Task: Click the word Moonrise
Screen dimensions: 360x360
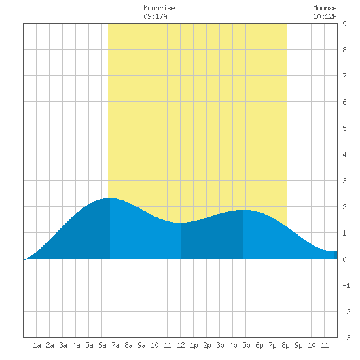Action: coord(159,8)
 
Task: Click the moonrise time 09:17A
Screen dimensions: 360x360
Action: coord(155,16)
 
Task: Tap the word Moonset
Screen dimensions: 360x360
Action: coord(327,8)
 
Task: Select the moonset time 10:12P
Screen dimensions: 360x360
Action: coord(325,16)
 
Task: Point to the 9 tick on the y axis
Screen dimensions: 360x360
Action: coord(344,24)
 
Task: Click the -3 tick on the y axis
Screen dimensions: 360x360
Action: coord(346,338)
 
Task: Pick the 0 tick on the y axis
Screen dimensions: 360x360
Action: coord(344,259)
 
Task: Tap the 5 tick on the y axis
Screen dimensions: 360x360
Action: coord(344,128)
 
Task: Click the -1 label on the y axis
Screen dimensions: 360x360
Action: coord(346,285)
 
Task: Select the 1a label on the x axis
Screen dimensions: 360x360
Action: coord(37,345)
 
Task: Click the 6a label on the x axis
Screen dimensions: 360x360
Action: coord(102,345)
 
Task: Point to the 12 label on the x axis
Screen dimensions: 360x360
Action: coord(181,345)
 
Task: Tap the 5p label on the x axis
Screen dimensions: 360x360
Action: coord(246,345)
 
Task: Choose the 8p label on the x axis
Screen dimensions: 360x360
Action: coord(285,345)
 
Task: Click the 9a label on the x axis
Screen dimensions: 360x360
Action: coord(141,345)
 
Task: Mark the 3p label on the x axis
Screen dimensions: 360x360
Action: coord(220,345)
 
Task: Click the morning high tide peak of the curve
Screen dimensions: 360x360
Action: coord(110,198)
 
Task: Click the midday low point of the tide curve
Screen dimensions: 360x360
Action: coord(181,223)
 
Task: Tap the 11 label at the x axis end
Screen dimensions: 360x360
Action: coord(325,345)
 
